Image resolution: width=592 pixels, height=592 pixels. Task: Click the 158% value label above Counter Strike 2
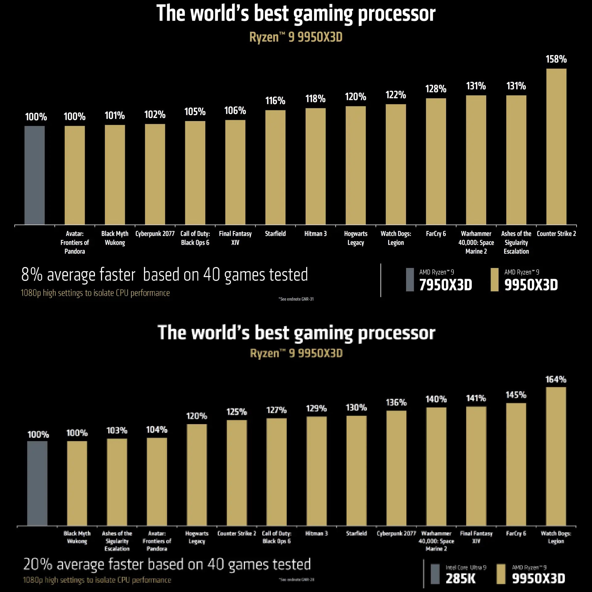(556, 59)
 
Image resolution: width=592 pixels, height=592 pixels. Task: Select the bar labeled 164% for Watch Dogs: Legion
(556, 456)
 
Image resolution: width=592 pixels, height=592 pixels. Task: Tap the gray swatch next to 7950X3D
(410, 280)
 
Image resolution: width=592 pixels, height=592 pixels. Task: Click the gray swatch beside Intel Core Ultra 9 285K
(435, 574)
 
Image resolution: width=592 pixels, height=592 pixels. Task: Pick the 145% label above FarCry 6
(516, 395)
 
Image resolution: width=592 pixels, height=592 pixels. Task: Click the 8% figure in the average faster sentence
(32, 275)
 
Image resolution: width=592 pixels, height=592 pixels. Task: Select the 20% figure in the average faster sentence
(38, 564)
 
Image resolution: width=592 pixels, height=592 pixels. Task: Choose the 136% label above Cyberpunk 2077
(396, 402)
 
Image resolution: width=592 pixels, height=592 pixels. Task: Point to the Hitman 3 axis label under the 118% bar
(315, 234)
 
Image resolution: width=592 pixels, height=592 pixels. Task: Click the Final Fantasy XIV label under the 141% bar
(476, 537)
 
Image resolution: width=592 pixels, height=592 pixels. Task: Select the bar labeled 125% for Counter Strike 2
(236, 472)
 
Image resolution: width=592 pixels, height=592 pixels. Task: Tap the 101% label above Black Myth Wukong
(115, 116)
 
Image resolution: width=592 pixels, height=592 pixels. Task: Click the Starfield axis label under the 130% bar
(356, 533)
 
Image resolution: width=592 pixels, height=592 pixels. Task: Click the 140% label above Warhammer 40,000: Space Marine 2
(436, 399)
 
